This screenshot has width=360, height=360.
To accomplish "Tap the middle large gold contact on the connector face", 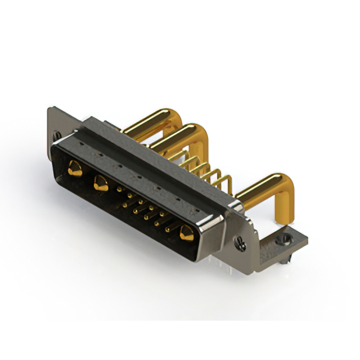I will point(102,183).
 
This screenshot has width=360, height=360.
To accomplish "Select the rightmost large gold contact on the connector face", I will point(186,232).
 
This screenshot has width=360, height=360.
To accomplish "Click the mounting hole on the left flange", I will point(57,135).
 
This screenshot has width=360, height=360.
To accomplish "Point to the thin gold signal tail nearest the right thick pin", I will point(225,183).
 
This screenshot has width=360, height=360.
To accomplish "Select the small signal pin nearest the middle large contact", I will point(119,191).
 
